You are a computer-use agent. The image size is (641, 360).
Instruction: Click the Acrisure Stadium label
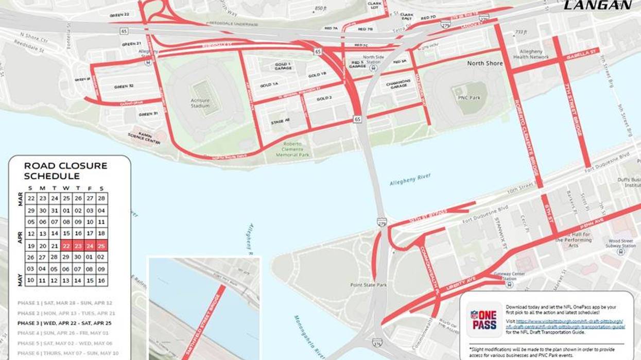pos(200,103)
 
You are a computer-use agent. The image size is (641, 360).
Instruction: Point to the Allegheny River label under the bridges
pos(410,180)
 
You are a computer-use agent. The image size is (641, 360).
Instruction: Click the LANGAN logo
pos(598,5)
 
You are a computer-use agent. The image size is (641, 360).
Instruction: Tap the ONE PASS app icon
pos(484,319)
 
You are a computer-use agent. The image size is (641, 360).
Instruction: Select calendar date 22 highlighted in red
pos(66,246)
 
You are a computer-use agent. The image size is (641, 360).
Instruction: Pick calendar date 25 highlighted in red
pos(101,246)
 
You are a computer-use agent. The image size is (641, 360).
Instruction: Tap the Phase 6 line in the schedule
pos(67,353)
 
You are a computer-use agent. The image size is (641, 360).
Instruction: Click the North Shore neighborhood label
pos(485,63)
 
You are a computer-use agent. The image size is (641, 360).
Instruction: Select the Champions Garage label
pos(399,84)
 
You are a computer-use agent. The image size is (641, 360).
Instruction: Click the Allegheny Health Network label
pos(534,54)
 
